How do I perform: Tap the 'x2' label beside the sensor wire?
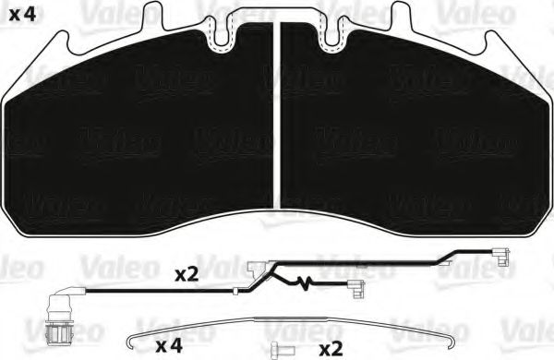[x=187, y=275]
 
